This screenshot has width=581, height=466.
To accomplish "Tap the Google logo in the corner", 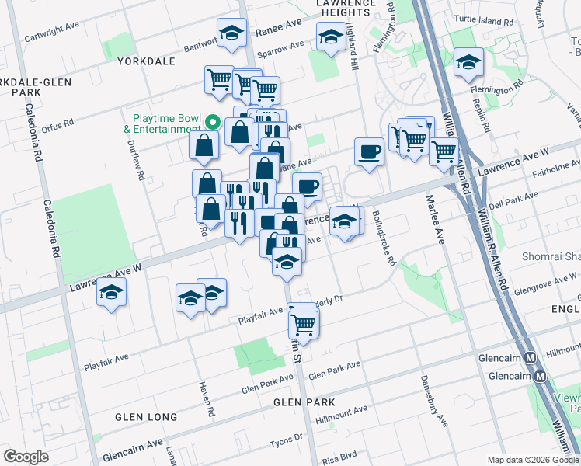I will coord(26,456).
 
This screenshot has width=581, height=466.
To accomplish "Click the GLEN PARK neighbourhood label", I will coord(304,402).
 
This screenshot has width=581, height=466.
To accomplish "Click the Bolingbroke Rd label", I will coord(384,238).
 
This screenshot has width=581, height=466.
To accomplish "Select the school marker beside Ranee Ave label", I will coord(231,33).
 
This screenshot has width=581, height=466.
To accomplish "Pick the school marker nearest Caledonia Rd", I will coord(112,293).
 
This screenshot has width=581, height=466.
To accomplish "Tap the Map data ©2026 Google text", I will coord(532,460).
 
